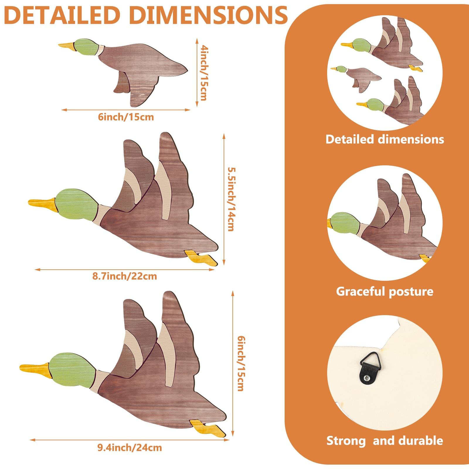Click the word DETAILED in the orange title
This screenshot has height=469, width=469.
pyautogui.click(x=62, y=15)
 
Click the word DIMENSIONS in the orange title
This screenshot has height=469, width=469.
pyautogui.click(x=208, y=15)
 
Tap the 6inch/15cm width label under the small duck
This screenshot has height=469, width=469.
pyautogui.click(x=126, y=117)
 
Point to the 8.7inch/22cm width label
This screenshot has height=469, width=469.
pyautogui.click(x=125, y=276)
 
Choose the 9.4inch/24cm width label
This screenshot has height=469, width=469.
pyautogui.click(x=130, y=448)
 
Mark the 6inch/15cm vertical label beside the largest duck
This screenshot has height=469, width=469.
pyautogui.click(x=241, y=363)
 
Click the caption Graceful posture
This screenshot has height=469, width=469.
pyautogui.click(x=385, y=291)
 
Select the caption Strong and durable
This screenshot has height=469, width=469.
pyautogui.click(x=385, y=441)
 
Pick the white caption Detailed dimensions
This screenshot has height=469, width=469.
pyautogui.click(x=385, y=139)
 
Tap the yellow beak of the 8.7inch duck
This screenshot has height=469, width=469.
pyautogui.click(x=42, y=203)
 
